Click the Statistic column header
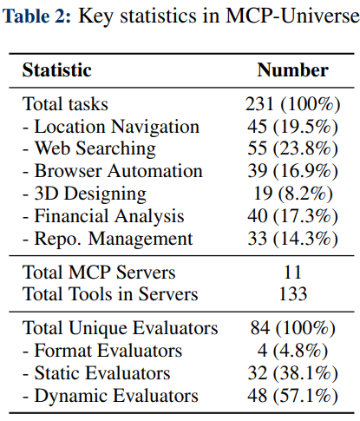click(57, 70)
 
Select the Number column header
click(292, 70)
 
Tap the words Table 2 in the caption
click(36, 15)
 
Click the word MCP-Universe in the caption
click(292, 15)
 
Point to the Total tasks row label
click(65, 104)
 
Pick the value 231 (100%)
click(292, 104)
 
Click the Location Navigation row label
click(111, 127)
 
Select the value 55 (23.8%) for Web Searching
click(292, 148)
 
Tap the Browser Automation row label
click(113, 171)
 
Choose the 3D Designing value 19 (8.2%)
click(293, 194)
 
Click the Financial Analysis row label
click(103, 216)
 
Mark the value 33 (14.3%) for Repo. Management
click(292, 239)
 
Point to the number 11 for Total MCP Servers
click(292, 272)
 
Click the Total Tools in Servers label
click(110, 294)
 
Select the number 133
click(292, 294)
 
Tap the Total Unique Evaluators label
click(120, 328)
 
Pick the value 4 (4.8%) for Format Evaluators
click(292, 351)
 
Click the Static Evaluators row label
click(96, 373)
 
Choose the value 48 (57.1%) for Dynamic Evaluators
click(292, 396)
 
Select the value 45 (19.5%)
click(292, 127)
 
